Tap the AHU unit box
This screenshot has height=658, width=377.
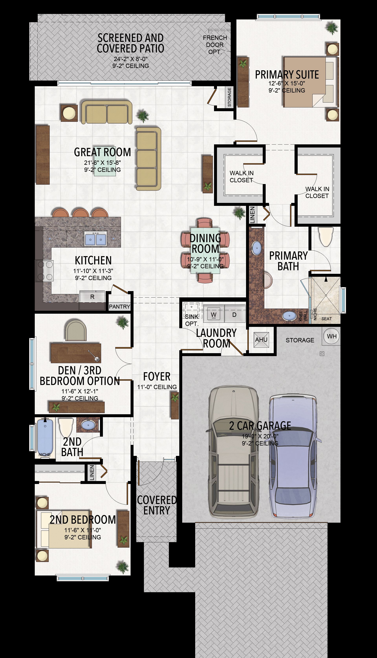[x=261, y=339]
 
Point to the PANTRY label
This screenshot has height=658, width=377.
[x=119, y=307]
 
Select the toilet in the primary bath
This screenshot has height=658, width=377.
[x=326, y=237]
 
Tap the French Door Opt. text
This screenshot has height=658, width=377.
[x=215, y=45]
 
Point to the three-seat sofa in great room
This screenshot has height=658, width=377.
[x=149, y=159]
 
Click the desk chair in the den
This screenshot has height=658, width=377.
[x=76, y=330]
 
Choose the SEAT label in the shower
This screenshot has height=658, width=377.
[x=327, y=319]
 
